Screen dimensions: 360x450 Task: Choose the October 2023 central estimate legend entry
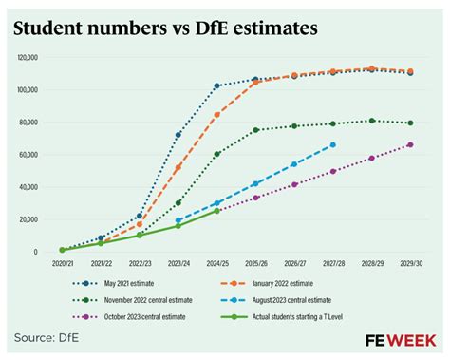tap(133, 316)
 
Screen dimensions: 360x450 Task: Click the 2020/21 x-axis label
tap(62, 263)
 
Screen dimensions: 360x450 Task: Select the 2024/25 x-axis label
tap(216, 263)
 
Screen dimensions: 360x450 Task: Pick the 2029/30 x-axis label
tap(410, 263)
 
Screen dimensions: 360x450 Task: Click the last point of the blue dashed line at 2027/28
tap(332, 144)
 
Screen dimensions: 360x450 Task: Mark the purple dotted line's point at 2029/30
tap(410, 144)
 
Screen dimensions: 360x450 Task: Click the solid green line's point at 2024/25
tap(216, 210)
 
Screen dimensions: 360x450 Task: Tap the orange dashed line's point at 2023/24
tap(178, 167)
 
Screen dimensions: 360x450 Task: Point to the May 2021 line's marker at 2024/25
tap(216, 85)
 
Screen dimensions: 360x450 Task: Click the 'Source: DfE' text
tap(48, 338)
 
